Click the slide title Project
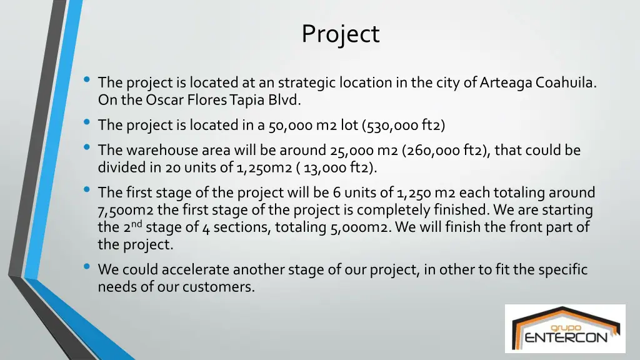(340, 34)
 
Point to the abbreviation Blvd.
(286, 99)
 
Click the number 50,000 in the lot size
(291, 126)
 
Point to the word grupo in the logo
(566, 327)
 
